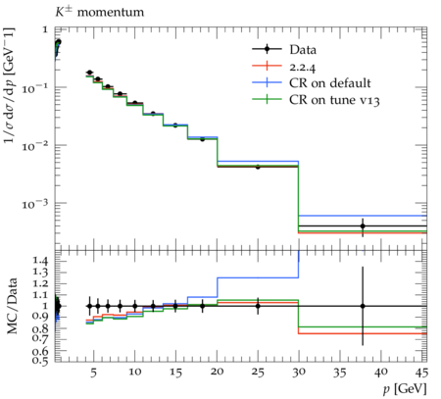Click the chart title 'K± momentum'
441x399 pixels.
click(99, 12)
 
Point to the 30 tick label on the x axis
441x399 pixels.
click(299, 372)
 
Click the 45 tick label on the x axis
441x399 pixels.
click(421, 372)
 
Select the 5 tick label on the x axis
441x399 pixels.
click(94, 372)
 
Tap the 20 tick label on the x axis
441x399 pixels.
click(217, 372)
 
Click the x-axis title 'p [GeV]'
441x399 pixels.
click(405, 389)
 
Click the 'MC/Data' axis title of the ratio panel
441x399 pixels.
click(12, 306)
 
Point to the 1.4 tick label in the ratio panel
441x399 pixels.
click(40, 261)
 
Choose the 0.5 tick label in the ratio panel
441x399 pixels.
click(40, 360)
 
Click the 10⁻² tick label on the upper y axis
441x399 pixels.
click(34, 146)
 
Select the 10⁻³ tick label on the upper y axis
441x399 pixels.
click(34, 204)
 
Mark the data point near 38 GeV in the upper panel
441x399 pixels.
click(363, 226)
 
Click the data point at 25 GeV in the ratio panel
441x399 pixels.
click(258, 306)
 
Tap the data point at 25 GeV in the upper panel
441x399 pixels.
click(258, 167)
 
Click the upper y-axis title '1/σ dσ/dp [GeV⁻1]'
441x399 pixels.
click(10, 85)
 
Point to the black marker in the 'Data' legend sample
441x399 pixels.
click(267, 49)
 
